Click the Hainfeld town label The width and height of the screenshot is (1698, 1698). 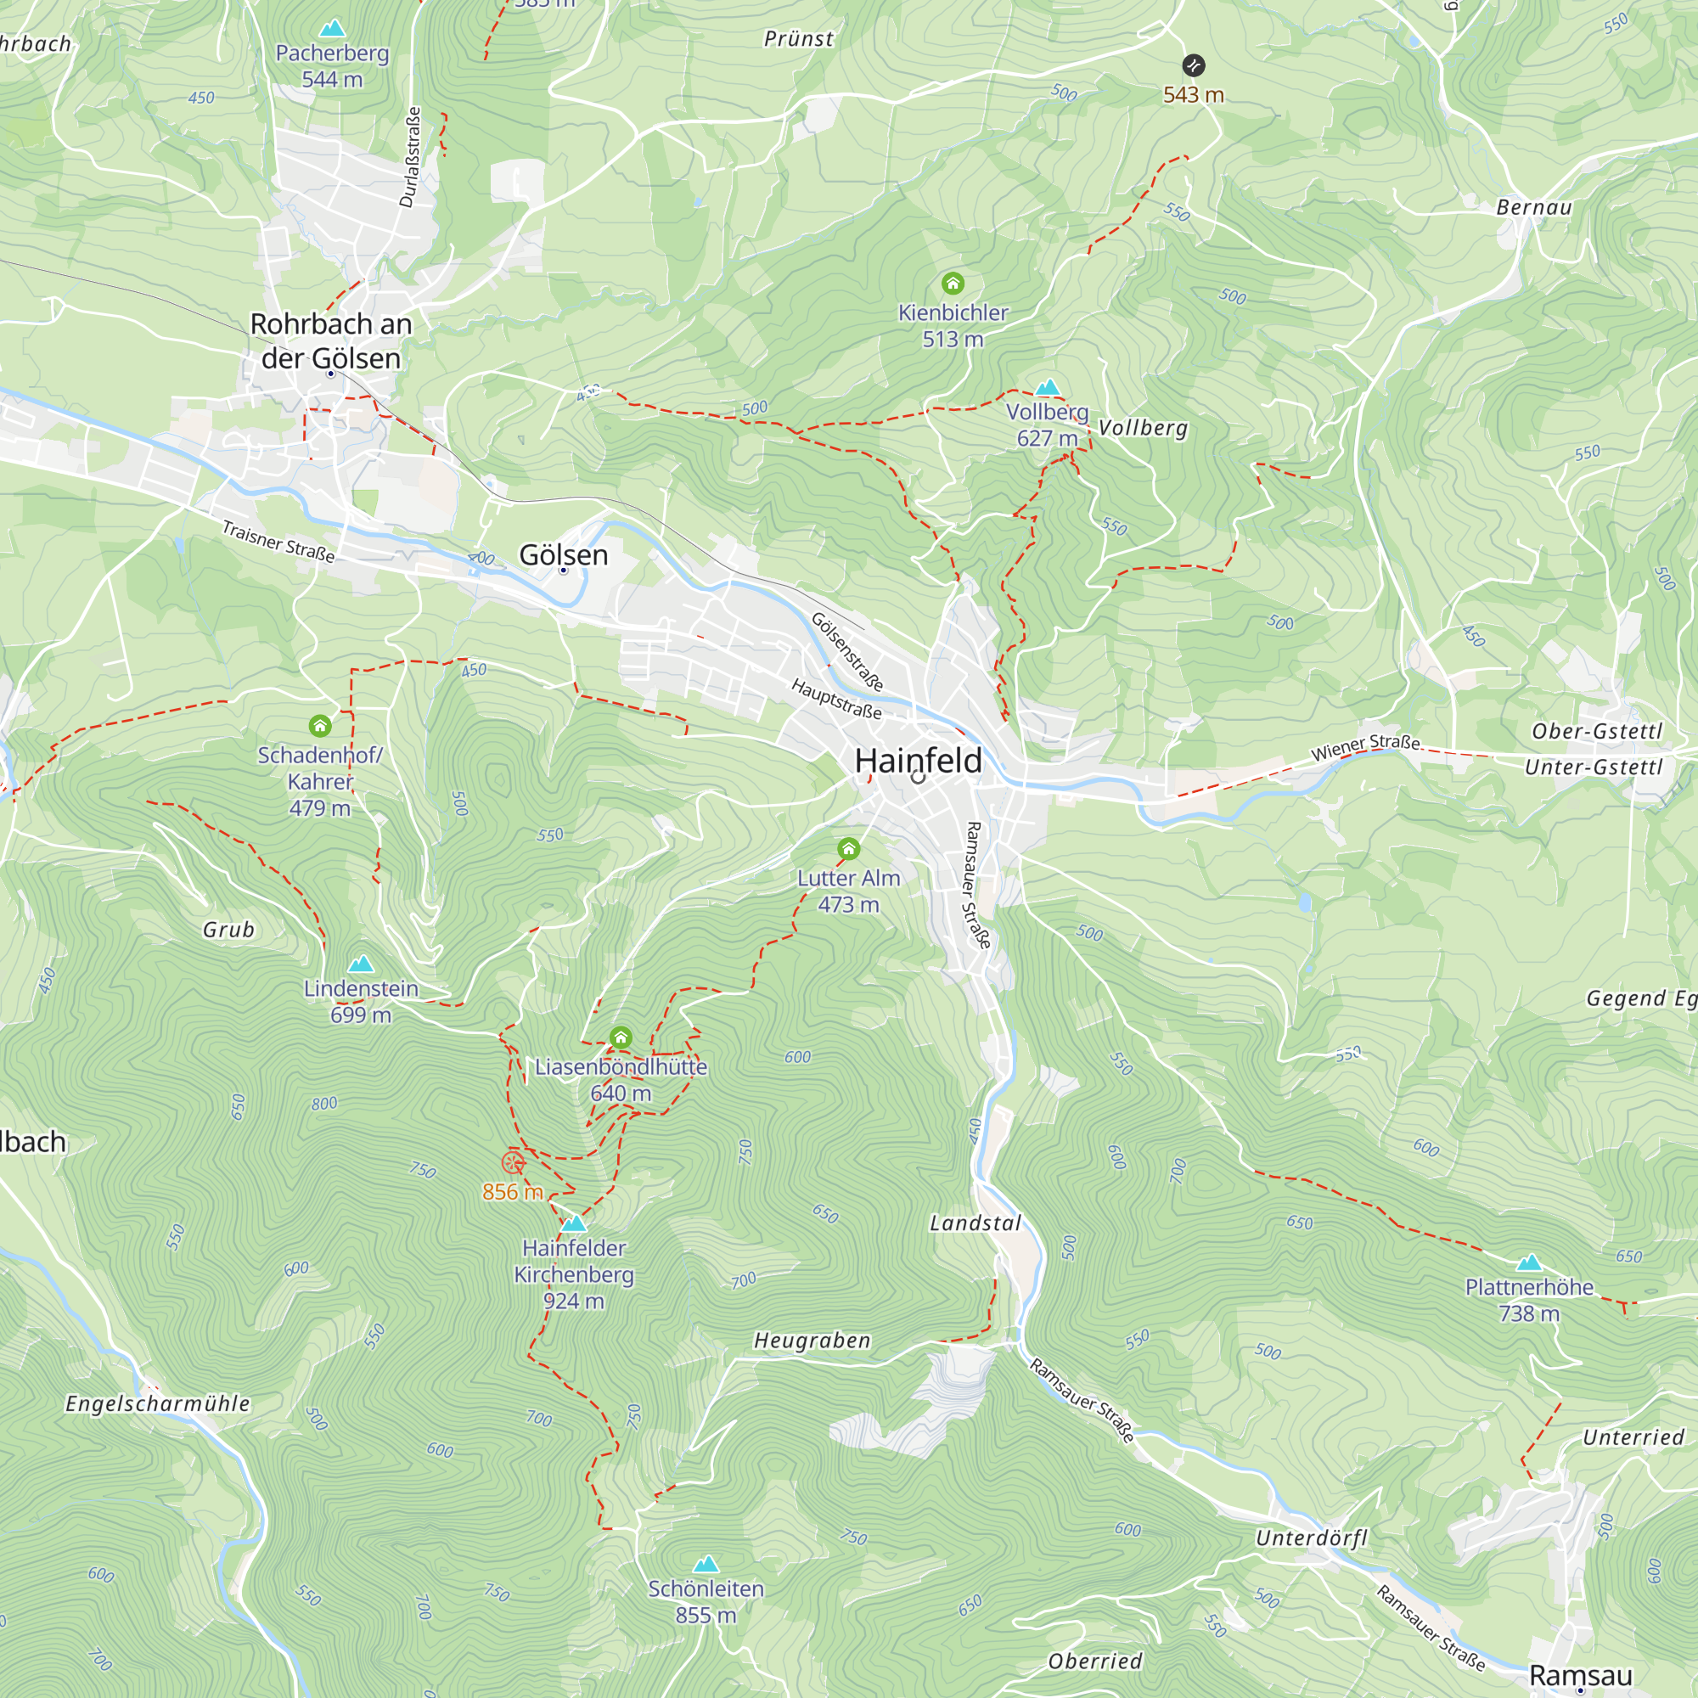[918, 760]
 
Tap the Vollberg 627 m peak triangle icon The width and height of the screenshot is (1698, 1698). [1047, 388]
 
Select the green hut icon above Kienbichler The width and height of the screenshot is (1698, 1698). [953, 283]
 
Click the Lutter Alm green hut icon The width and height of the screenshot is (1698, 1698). [848, 848]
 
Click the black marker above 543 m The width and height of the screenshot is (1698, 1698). [1193, 65]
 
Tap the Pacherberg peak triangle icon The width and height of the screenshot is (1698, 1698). [331, 29]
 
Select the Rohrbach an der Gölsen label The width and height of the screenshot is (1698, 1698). [330, 340]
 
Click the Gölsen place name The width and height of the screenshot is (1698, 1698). [564, 554]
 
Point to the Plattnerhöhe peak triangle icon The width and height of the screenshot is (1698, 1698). [1528, 1263]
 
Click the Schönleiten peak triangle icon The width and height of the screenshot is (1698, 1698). [706, 1565]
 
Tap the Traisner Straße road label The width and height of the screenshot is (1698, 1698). [278, 542]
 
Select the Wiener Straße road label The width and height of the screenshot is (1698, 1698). [1365, 746]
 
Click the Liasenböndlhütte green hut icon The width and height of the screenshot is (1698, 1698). [621, 1037]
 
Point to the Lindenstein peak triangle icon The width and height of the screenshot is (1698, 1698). [360, 964]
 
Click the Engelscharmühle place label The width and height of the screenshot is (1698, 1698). [158, 1403]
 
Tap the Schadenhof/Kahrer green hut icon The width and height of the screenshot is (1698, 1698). [320, 725]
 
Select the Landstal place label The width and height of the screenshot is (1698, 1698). [976, 1223]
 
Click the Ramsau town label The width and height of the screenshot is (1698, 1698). [1580, 1674]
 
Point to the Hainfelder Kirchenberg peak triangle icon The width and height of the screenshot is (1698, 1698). [573, 1223]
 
